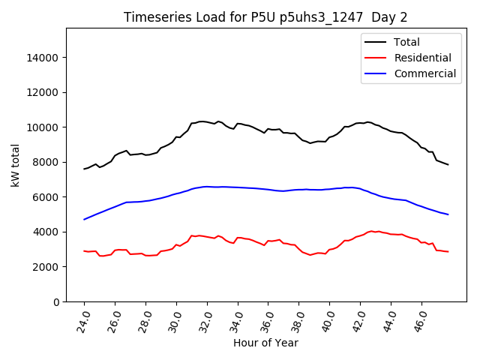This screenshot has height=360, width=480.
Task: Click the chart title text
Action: click(x=265, y=17)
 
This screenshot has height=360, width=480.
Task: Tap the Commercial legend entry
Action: click(x=424, y=73)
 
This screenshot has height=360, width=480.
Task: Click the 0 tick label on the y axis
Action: click(x=56, y=301)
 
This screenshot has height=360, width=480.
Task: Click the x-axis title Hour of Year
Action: click(x=265, y=343)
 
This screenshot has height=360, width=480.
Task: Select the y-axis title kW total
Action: click(x=16, y=165)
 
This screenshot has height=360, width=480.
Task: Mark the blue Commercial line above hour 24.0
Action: click(x=85, y=219)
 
